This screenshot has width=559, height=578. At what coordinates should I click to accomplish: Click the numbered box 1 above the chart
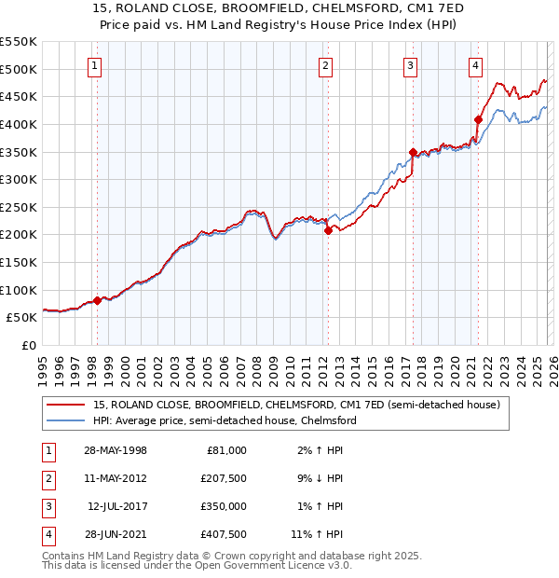(97, 65)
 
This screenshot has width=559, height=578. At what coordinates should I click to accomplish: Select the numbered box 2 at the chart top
(325, 65)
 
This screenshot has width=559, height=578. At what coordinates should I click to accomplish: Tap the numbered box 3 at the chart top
(411, 65)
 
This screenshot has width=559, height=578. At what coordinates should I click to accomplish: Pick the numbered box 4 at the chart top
(475, 65)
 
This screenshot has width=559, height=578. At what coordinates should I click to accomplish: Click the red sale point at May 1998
(97, 300)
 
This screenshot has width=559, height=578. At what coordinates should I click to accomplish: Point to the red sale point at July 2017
(413, 152)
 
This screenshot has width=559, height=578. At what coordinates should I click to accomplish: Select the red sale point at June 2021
(478, 119)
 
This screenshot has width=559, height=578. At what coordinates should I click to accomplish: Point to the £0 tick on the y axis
(29, 345)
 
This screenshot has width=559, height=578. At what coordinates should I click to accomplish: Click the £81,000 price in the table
(226, 450)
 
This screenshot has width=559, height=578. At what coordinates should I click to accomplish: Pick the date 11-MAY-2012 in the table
(116, 478)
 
